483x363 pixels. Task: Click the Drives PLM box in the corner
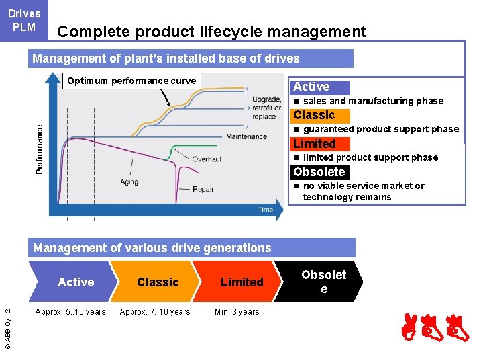[24, 20]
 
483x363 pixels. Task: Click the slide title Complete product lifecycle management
[212, 32]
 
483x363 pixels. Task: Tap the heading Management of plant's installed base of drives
[166, 58]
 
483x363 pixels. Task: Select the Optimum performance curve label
[131, 81]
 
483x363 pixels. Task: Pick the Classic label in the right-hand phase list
[314, 115]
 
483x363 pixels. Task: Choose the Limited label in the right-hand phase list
[315, 143]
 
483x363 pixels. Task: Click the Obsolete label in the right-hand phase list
[319, 171]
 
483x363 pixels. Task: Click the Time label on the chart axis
[266, 210]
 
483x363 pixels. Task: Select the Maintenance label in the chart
[246, 136]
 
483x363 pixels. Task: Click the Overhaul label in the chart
[207, 159]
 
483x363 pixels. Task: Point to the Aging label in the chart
[129, 182]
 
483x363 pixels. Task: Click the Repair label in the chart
[203, 189]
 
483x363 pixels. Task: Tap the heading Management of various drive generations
[152, 248]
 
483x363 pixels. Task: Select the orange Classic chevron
[158, 282]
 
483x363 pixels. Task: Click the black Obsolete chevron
[324, 282]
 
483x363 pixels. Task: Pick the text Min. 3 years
[237, 311]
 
